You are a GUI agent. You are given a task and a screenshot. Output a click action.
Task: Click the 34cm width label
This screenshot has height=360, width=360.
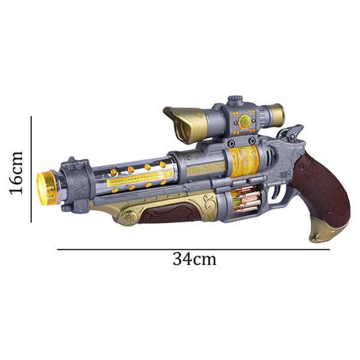click(194, 259)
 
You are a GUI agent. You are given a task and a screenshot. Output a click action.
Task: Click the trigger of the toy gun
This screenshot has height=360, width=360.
click(277, 190)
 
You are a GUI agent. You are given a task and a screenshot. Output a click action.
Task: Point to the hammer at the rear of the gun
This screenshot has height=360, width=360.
click(291, 133)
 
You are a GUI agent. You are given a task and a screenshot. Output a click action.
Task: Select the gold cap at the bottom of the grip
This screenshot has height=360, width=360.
click(329, 230)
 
